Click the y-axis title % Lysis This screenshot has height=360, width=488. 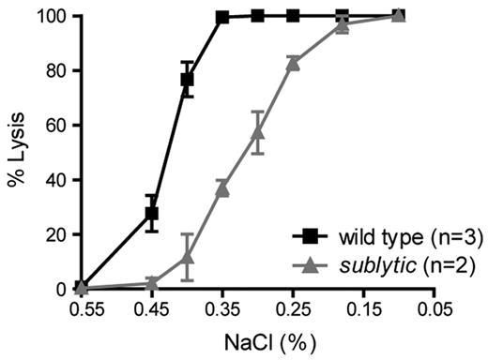click(x=16, y=145)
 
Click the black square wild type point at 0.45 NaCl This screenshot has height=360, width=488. click(x=152, y=214)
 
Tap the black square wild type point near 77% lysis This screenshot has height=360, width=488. click(x=188, y=80)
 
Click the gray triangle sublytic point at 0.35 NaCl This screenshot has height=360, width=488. click(x=222, y=188)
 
